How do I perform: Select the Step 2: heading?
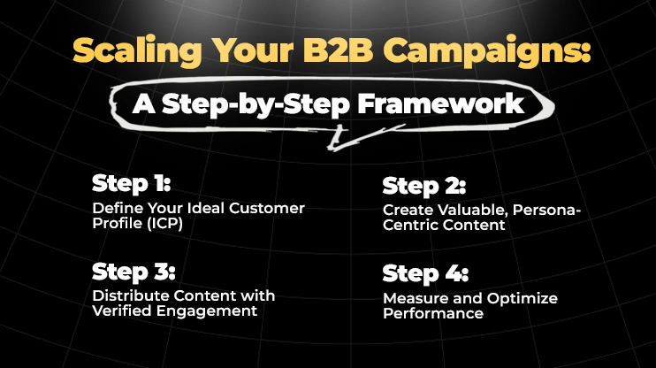point(423,187)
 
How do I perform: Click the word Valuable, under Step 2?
point(469,211)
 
